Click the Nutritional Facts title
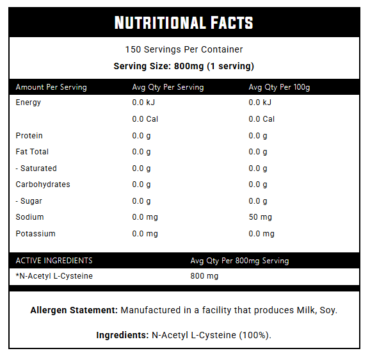[184, 22]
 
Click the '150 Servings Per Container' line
[184, 49]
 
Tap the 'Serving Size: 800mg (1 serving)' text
[184, 66]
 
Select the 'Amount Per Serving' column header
[51, 87]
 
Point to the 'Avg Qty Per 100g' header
[279, 87]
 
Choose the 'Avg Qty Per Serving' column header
[168, 87]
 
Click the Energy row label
[28, 102]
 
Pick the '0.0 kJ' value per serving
[143, 102]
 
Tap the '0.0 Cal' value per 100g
[261, 119]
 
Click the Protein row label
[29, 136]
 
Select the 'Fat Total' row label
[32, 152]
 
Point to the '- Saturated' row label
[36, 168]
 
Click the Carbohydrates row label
[43, 184]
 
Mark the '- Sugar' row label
[29, 201]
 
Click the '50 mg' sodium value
[261, 217]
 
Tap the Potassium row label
[36, 234]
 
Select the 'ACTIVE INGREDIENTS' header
[54, 261]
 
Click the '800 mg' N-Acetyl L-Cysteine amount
[204, 276]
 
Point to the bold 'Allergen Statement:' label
[74, 310]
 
